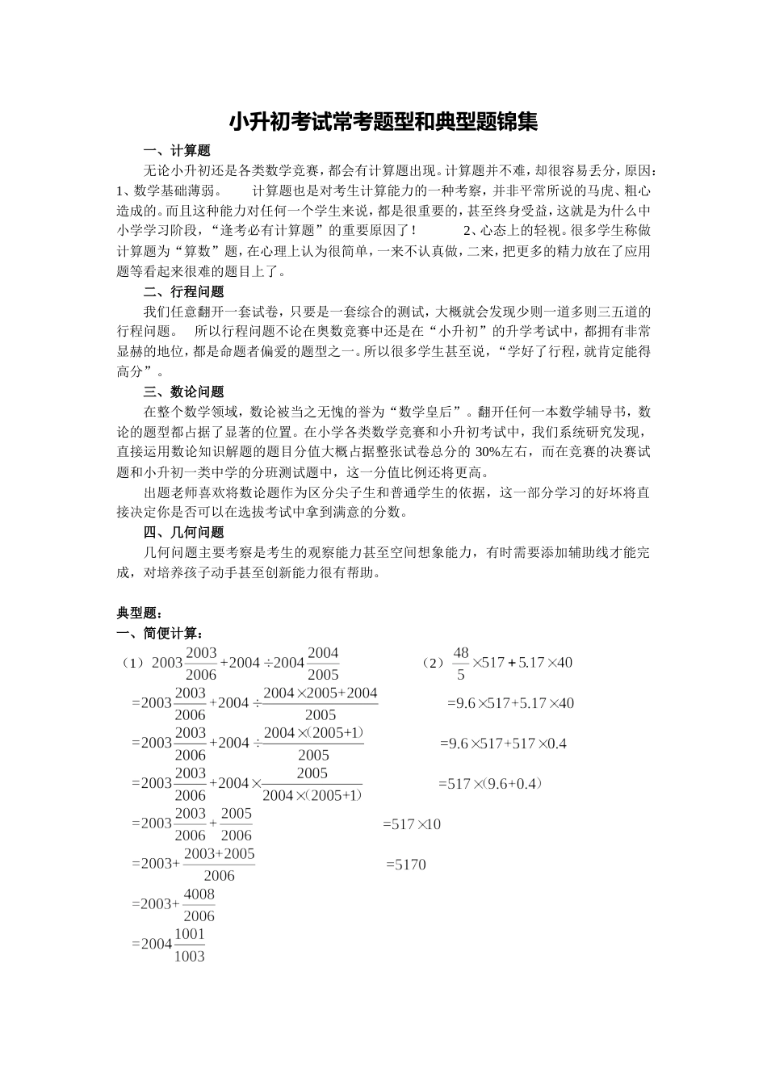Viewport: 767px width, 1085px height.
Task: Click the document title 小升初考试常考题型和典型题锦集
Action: pyautogui.click(x=383, y=123)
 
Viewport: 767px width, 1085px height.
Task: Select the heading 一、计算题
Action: pyautogui.click(x=176, y=151)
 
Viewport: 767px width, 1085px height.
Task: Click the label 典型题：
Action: pyautogui.click(x=140, y=614)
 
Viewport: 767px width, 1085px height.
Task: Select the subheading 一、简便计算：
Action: pyautogui.click(x=160, y=633)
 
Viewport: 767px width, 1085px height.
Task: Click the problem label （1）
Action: pyautogui.click(x=133, y=664)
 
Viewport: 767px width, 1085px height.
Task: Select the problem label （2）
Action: pyautogui.click(x=433, y=664)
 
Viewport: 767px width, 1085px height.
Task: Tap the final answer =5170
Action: pyautogui.click(x=405, y=865)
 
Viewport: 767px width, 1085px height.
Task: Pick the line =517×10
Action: pyautogui.click(x=412, y=824)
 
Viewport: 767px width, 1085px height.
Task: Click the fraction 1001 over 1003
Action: pyautogui.click(x=190, y=945)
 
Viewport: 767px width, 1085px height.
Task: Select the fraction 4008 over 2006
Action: pyautogui.click(x=199, y=905)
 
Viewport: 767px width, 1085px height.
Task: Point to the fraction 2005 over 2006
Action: pyautogui.click(x=237, y=824)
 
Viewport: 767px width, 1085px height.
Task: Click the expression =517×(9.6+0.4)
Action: pyautogui.click(x=490, y=784)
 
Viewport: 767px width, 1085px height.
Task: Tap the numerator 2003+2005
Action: pyautogui.click(x=219, y=854)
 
